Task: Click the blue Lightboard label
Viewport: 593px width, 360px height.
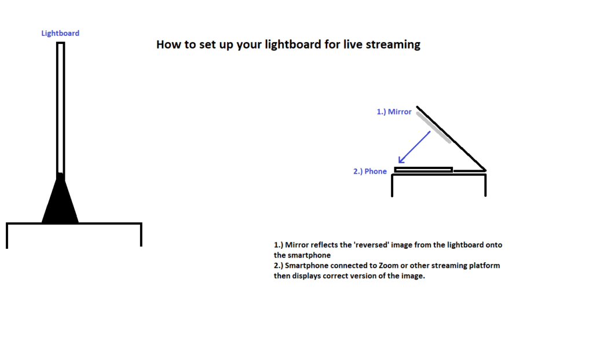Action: pyautogui.click(x=60, y=33)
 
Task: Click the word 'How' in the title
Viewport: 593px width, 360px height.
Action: pyautogui.click(x=168, y=45)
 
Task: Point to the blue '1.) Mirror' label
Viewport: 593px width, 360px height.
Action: pyautogui.click(x=394, y=112)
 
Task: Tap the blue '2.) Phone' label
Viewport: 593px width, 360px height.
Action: pyautogui.click(x=370, y=171)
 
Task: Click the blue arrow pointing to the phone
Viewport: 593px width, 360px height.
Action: pyautogui.click(x=414, y=148)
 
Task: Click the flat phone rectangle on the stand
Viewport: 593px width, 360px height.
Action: pyautogui.click(x=423, y=170)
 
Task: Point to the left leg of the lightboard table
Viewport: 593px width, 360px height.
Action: pyautogui.click(x=7, y=236)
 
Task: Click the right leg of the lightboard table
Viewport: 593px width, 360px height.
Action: pyautogui.click(x=141, y=234)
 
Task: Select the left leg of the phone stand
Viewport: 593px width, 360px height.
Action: pyautogui.click(x=393, y=185)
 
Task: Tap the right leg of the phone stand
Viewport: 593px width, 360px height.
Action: pyautogui.click(x=485, y=185)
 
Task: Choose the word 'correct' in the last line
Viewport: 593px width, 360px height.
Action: pyautogui.click(x=345, y=275)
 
